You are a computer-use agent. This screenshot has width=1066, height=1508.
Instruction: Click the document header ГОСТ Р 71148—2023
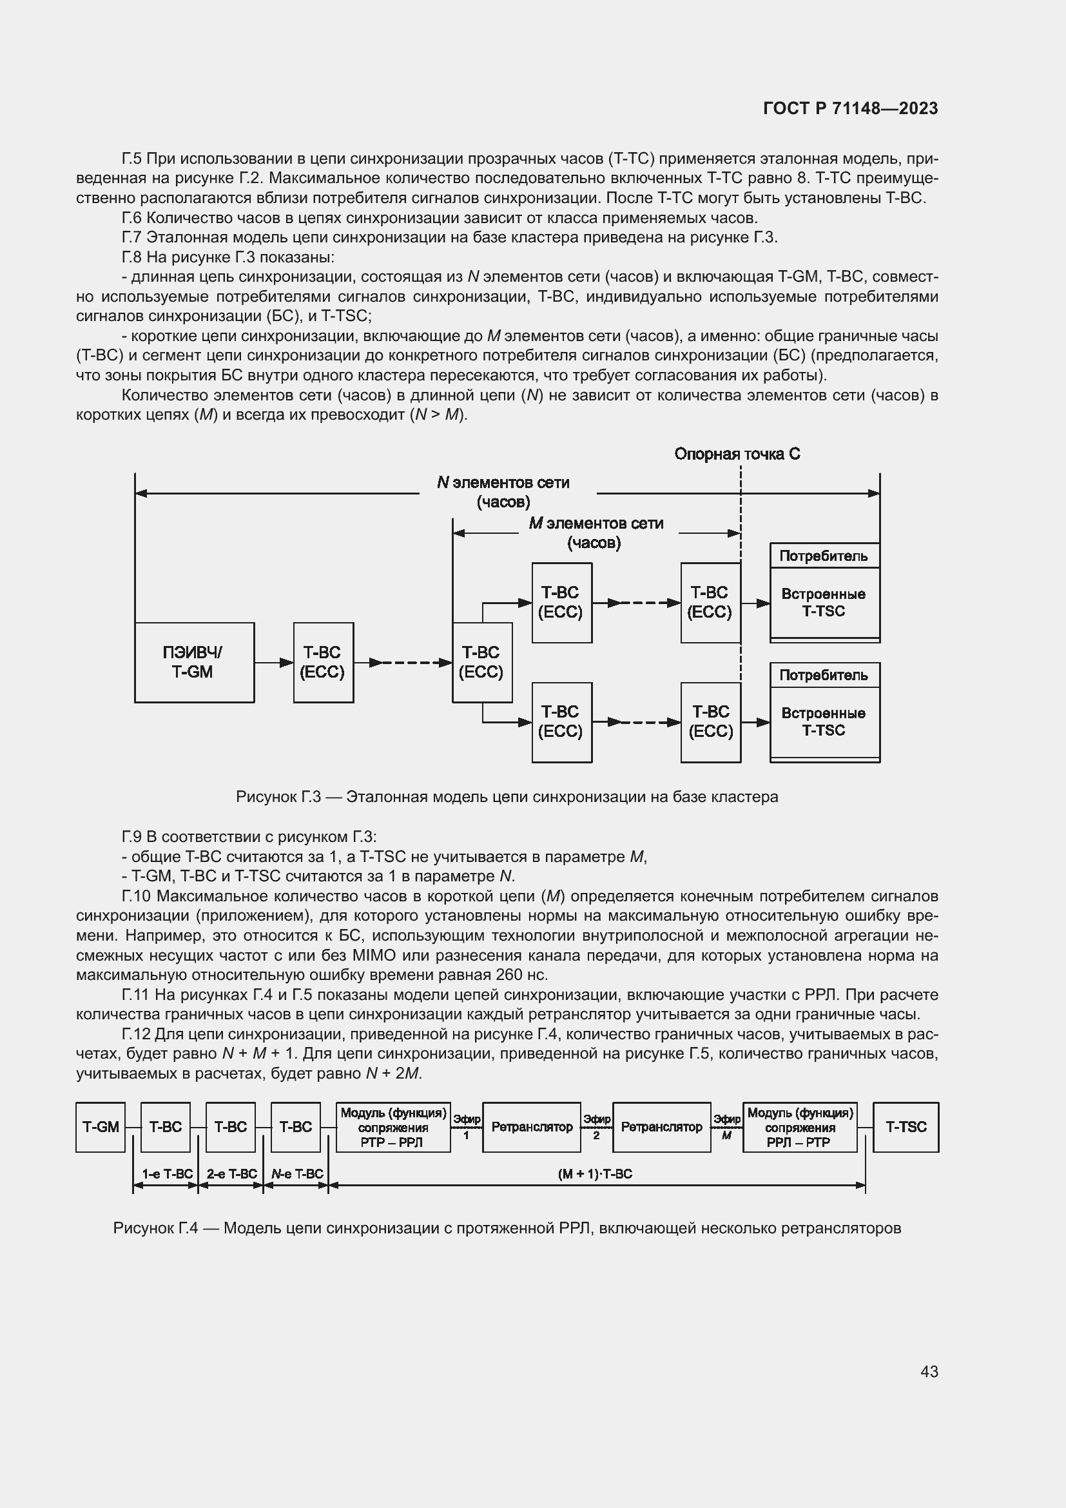click(850, 109)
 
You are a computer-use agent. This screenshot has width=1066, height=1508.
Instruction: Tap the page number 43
click(929, 1371)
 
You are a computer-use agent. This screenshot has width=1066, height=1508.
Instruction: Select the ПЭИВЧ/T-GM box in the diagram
click(193, 662)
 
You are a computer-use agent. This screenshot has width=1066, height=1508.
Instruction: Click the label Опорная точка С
click(737, 454)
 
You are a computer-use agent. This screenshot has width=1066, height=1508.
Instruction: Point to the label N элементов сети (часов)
click(503, 492)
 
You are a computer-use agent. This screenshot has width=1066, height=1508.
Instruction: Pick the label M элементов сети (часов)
click(596, 533)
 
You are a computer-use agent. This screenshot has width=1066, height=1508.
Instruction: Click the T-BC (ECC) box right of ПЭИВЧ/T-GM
click(323, 662)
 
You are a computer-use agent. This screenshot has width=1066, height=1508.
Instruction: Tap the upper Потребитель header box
click(824, 556)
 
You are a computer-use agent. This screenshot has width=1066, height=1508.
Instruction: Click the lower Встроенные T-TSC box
click(824, 722)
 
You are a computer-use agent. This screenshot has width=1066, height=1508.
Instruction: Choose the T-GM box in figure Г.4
click(101, 1127)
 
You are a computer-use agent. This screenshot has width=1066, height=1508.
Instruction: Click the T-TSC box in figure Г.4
click(906, 1127)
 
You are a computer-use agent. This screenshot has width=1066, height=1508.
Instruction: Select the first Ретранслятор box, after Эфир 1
click(532, 1127)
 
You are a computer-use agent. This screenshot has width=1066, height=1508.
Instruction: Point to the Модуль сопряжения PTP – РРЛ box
click(393, 1127)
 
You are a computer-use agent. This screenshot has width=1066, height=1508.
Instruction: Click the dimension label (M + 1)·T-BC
click(595, 1173)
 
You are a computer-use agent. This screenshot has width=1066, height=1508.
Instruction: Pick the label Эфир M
click(726, 1126)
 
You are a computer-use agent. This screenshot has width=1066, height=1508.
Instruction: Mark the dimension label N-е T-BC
click(296, 1173)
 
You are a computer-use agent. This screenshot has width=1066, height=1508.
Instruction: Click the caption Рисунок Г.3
click(507, 797)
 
